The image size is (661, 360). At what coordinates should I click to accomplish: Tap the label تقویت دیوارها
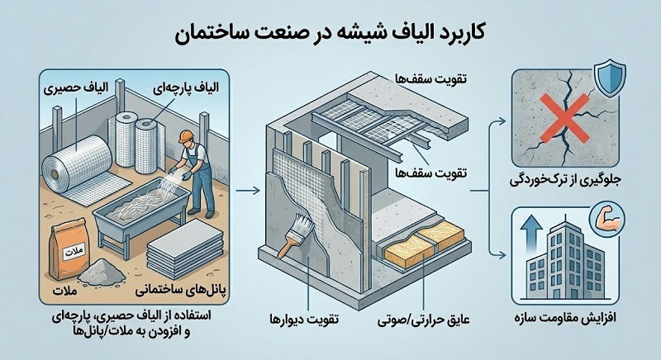pyautogui.click(x=302, y=319)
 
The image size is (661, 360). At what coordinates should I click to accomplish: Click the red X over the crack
pyautogui.click(x=560, y=123)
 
